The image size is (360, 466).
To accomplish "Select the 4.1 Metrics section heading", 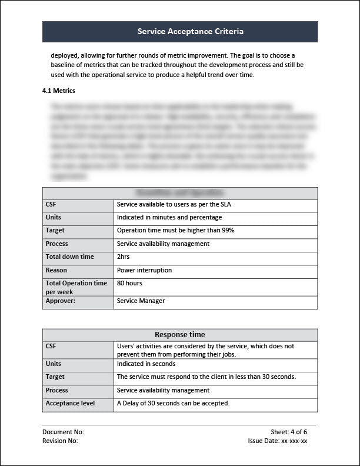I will point(59,91).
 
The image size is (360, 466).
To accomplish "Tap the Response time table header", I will point(179,335).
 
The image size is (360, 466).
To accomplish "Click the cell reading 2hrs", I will point(123,257).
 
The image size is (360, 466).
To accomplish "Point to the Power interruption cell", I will point(144,271).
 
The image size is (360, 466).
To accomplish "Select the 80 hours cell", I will point(129,284).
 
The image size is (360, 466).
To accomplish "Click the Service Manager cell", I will point(141,301).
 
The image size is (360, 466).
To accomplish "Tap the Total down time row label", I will point(69,257).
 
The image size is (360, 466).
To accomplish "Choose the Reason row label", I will point(56,271).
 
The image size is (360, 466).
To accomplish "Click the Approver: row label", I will point(61,301).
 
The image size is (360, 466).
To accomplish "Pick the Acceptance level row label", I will point(70,404).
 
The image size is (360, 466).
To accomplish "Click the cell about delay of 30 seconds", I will point(173,404).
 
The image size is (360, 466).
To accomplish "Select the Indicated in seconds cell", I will point(146,364).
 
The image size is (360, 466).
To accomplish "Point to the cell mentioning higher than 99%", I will point(175,231).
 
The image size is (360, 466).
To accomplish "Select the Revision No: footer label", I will point(60,441).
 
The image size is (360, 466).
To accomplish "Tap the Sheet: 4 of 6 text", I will point(289,432).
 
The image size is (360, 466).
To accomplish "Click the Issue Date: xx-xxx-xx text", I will point(278,441).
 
